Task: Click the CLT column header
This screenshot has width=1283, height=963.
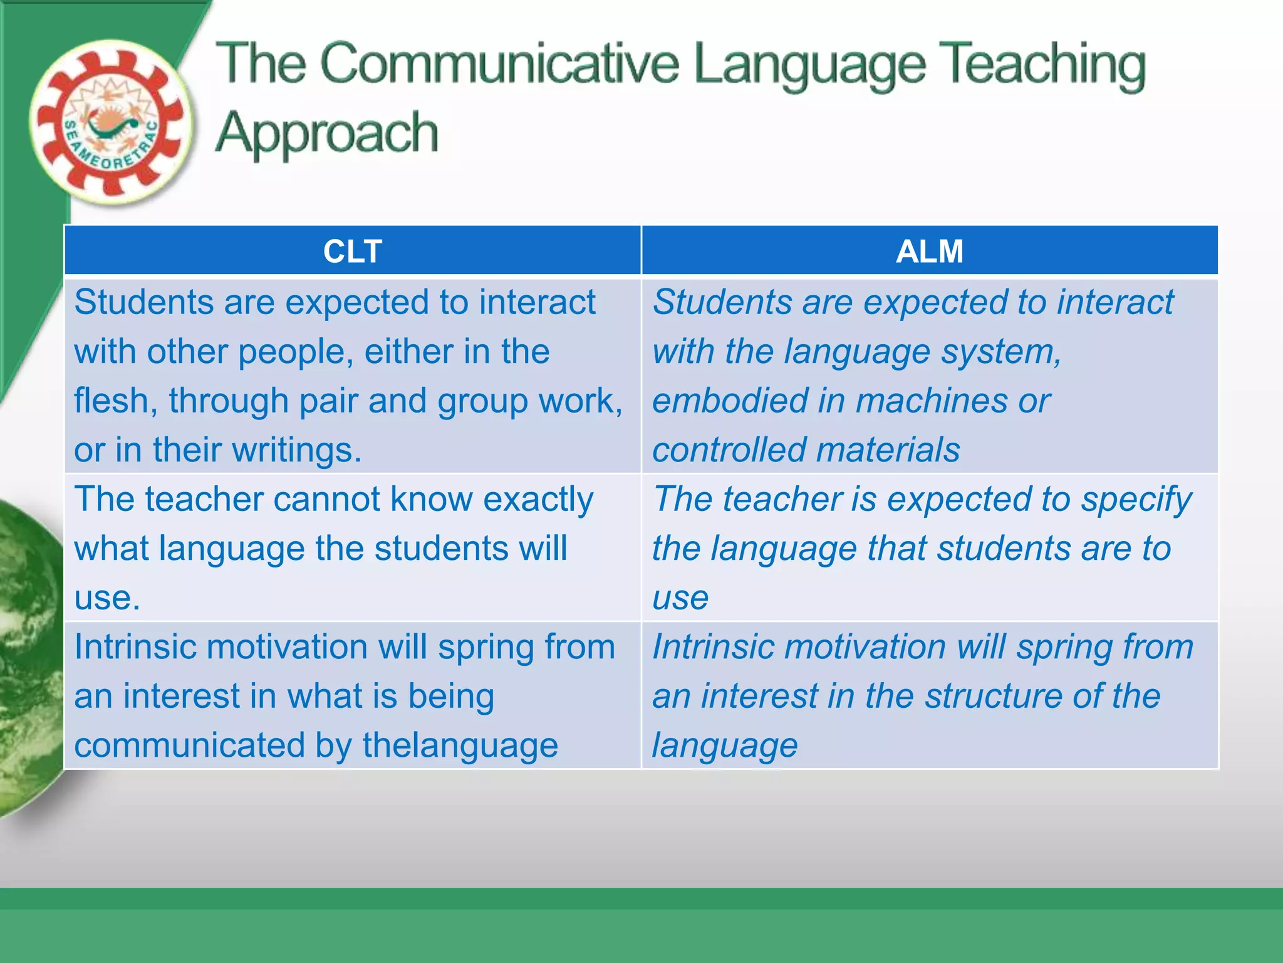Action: (352, 251)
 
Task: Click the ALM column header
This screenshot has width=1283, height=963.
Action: (929, 251)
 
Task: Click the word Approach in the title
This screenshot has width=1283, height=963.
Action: (326, 133)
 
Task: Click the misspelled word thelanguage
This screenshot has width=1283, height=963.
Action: (460, 745)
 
